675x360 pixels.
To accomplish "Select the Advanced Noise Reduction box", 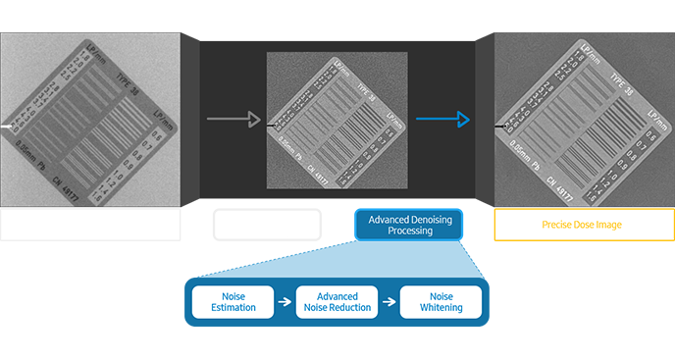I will point(337,301).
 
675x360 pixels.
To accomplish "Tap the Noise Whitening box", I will point(441,301).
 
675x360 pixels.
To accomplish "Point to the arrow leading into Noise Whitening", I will point(389,301).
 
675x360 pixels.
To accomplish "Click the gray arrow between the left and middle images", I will point(234,121).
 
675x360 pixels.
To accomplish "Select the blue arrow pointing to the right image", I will point(442,121).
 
